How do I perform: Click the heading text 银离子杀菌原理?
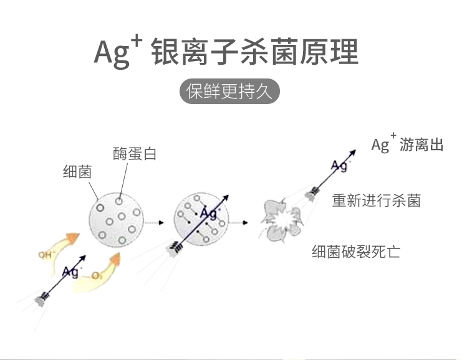point(255,53)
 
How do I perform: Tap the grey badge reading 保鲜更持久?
point(230,91)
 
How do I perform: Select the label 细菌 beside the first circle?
point(77,172)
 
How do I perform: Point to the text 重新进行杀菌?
point(376,201)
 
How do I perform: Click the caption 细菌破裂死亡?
point(356,252)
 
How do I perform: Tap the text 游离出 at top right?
point(423,145)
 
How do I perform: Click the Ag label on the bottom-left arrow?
point(70,272)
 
